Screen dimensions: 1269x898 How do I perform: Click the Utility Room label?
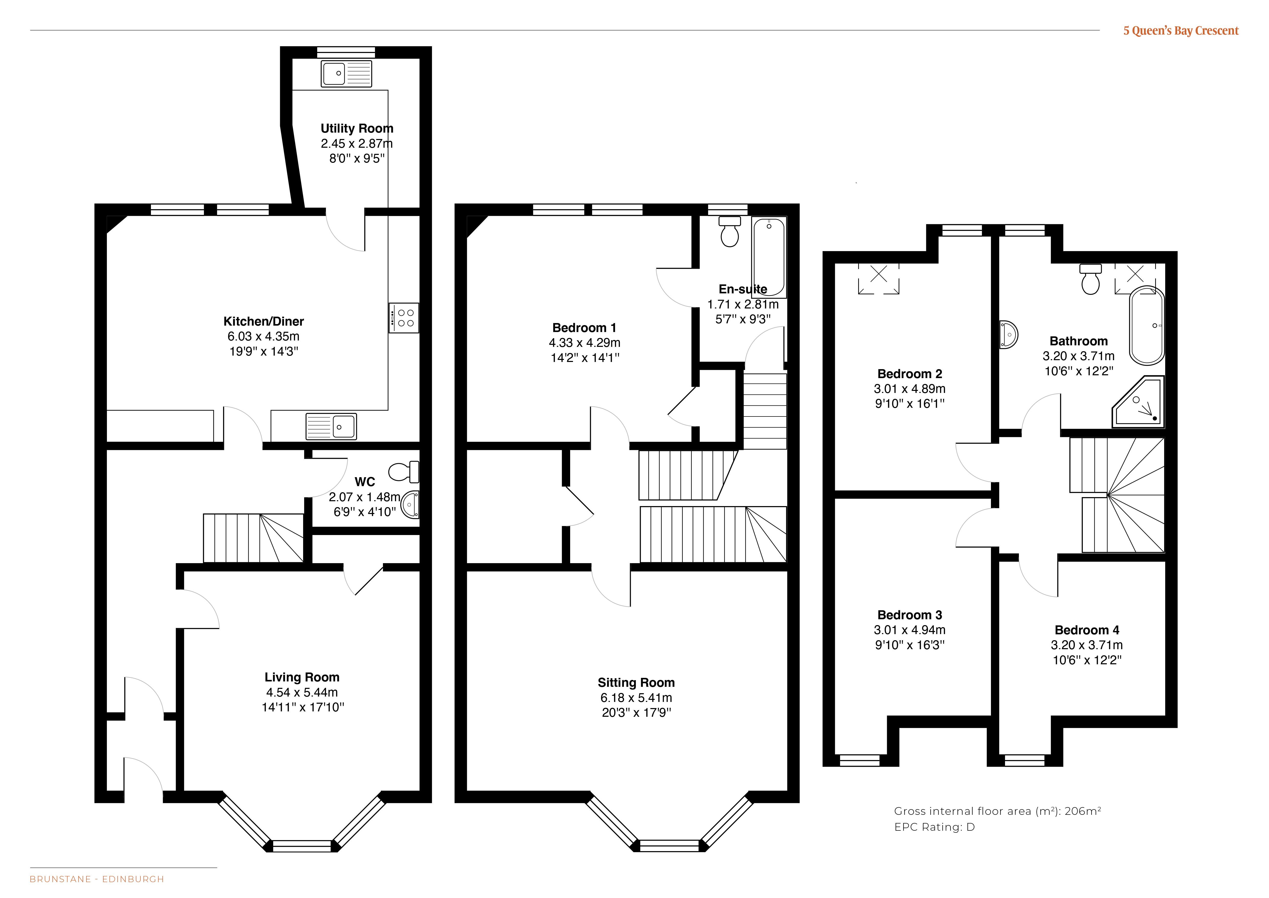pyautogui.click(x=357, y=128)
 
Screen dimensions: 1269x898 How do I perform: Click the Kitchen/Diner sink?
pyautogui.click(x=331, y=426)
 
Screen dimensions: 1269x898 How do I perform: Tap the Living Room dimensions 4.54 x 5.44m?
pyautogui.click(x=302, y=692)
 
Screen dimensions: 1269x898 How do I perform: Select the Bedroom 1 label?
pyautogui.click(x=584, y=328)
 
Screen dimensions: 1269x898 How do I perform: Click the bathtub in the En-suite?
pyautogui.click(x=769, y=257)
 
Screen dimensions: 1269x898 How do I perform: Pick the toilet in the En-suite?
pyautogui.click(x=730, y=231)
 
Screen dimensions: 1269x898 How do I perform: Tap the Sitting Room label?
pyautogui.click(x=636, y=683)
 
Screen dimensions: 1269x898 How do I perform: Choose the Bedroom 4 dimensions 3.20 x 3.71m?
pyautogui.click(x=1087, y=645)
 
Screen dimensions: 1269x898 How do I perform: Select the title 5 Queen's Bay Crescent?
pyautogui.click(x=1181, y=31)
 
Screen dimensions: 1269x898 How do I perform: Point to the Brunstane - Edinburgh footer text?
pyautogui.click(x=97, y=879)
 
